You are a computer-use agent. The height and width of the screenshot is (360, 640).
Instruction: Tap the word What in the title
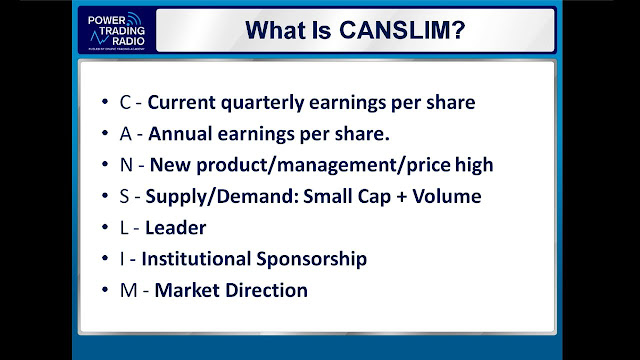[272, 30]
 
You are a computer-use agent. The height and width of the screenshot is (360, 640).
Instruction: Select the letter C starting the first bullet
[123, 102]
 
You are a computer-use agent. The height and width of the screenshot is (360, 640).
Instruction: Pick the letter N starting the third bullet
[124, 165]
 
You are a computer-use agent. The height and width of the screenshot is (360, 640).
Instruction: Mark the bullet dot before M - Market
[107, 291]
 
